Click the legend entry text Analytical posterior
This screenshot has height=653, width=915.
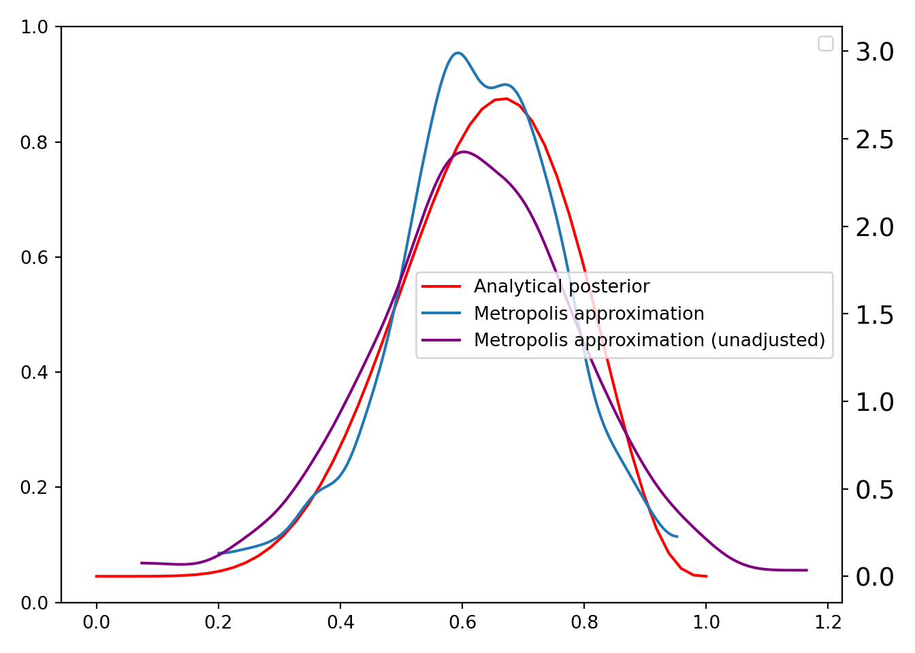pyautogui.click(x=561, y=286)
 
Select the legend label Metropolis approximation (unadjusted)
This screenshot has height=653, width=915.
pyautogui.click(x=649, y=340)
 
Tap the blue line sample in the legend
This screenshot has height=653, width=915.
pyautogui.click(x=441, y=314)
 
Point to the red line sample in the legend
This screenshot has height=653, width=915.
pyautogui.click(x=441, y=286)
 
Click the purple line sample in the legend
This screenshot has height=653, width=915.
pyautogui.click(x=441, y=340)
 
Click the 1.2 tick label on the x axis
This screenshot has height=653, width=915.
pyautogui.click(x=827, y=622)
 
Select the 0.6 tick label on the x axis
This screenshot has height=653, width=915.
pyautogui.click(x=462, y=622)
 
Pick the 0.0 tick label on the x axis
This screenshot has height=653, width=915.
pyautogui.click(x=96, y=622)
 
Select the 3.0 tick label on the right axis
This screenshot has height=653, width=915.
pyautogui.click(x=875, y=52)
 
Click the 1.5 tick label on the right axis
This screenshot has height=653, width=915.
pyautogui.click(x=875, y=314)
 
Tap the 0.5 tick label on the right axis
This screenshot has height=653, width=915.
pyautogui.click(x=875, y=490)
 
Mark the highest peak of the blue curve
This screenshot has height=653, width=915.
pyautogui.click(x=457, y=52)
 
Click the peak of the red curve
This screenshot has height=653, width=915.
pyautogui.click(x=506, y=99)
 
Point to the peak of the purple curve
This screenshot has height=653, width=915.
pyautogui.click(x=464, y=152)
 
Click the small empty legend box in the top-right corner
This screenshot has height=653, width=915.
pyautogui.click(x=825, y=44)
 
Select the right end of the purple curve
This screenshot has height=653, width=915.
pyautogui.click(x=807, y=570)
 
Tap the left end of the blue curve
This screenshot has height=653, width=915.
pyautogui.click(x=219, y=553)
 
